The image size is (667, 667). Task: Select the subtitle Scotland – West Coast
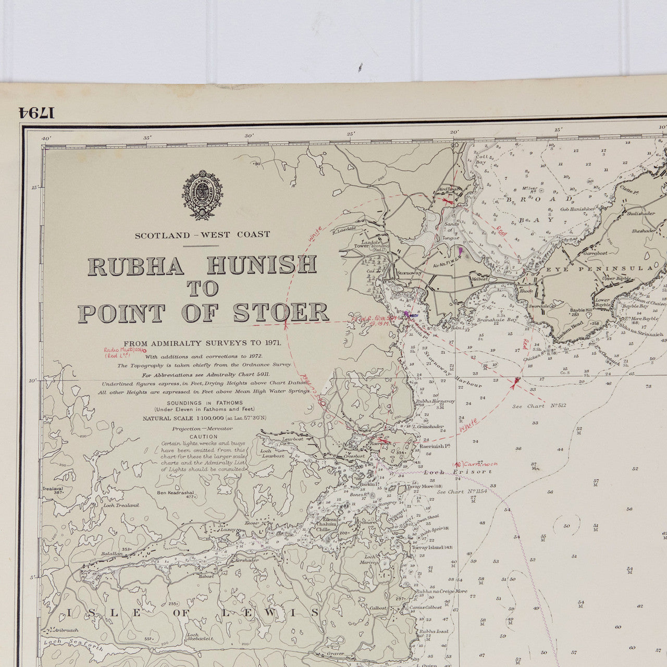202,235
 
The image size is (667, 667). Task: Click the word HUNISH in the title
262,265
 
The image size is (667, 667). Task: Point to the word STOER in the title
281,313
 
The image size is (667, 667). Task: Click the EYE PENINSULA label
599,268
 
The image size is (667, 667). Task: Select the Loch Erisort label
458,472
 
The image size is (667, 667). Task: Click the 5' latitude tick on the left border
33,577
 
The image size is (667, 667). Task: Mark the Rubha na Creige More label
441,591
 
